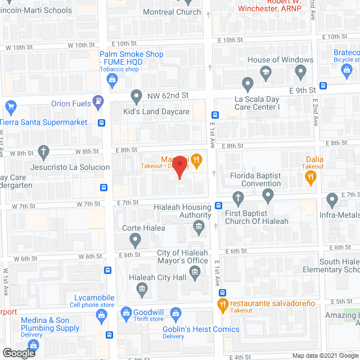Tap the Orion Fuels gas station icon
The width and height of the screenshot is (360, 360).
pyautogui.click(x=99, y=102)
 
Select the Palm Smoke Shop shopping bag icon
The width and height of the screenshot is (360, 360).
pyautogui.click(x=112, y=79)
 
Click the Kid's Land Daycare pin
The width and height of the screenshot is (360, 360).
pyautogui.click(x=136, y=96)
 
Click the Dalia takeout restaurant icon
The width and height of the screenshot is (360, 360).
pyautogui.click(x=310, y=177)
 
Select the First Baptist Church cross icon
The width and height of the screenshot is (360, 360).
pyautogui.click(x=238, y=197)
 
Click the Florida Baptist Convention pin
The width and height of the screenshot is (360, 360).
pyautogui.click(x=268, y=195)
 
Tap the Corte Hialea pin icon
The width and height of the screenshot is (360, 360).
pyautogui.click(x=136, y=241)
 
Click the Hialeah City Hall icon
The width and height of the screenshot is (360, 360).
pyautogui.click(x=142, y=289)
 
